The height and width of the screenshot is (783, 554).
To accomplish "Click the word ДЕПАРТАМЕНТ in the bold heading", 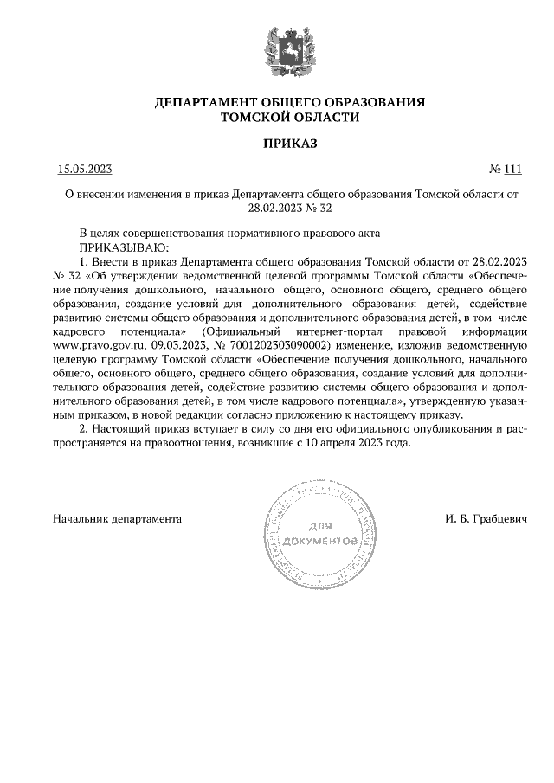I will coord(208,102).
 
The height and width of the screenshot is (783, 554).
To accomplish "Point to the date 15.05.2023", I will coord(86,170).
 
